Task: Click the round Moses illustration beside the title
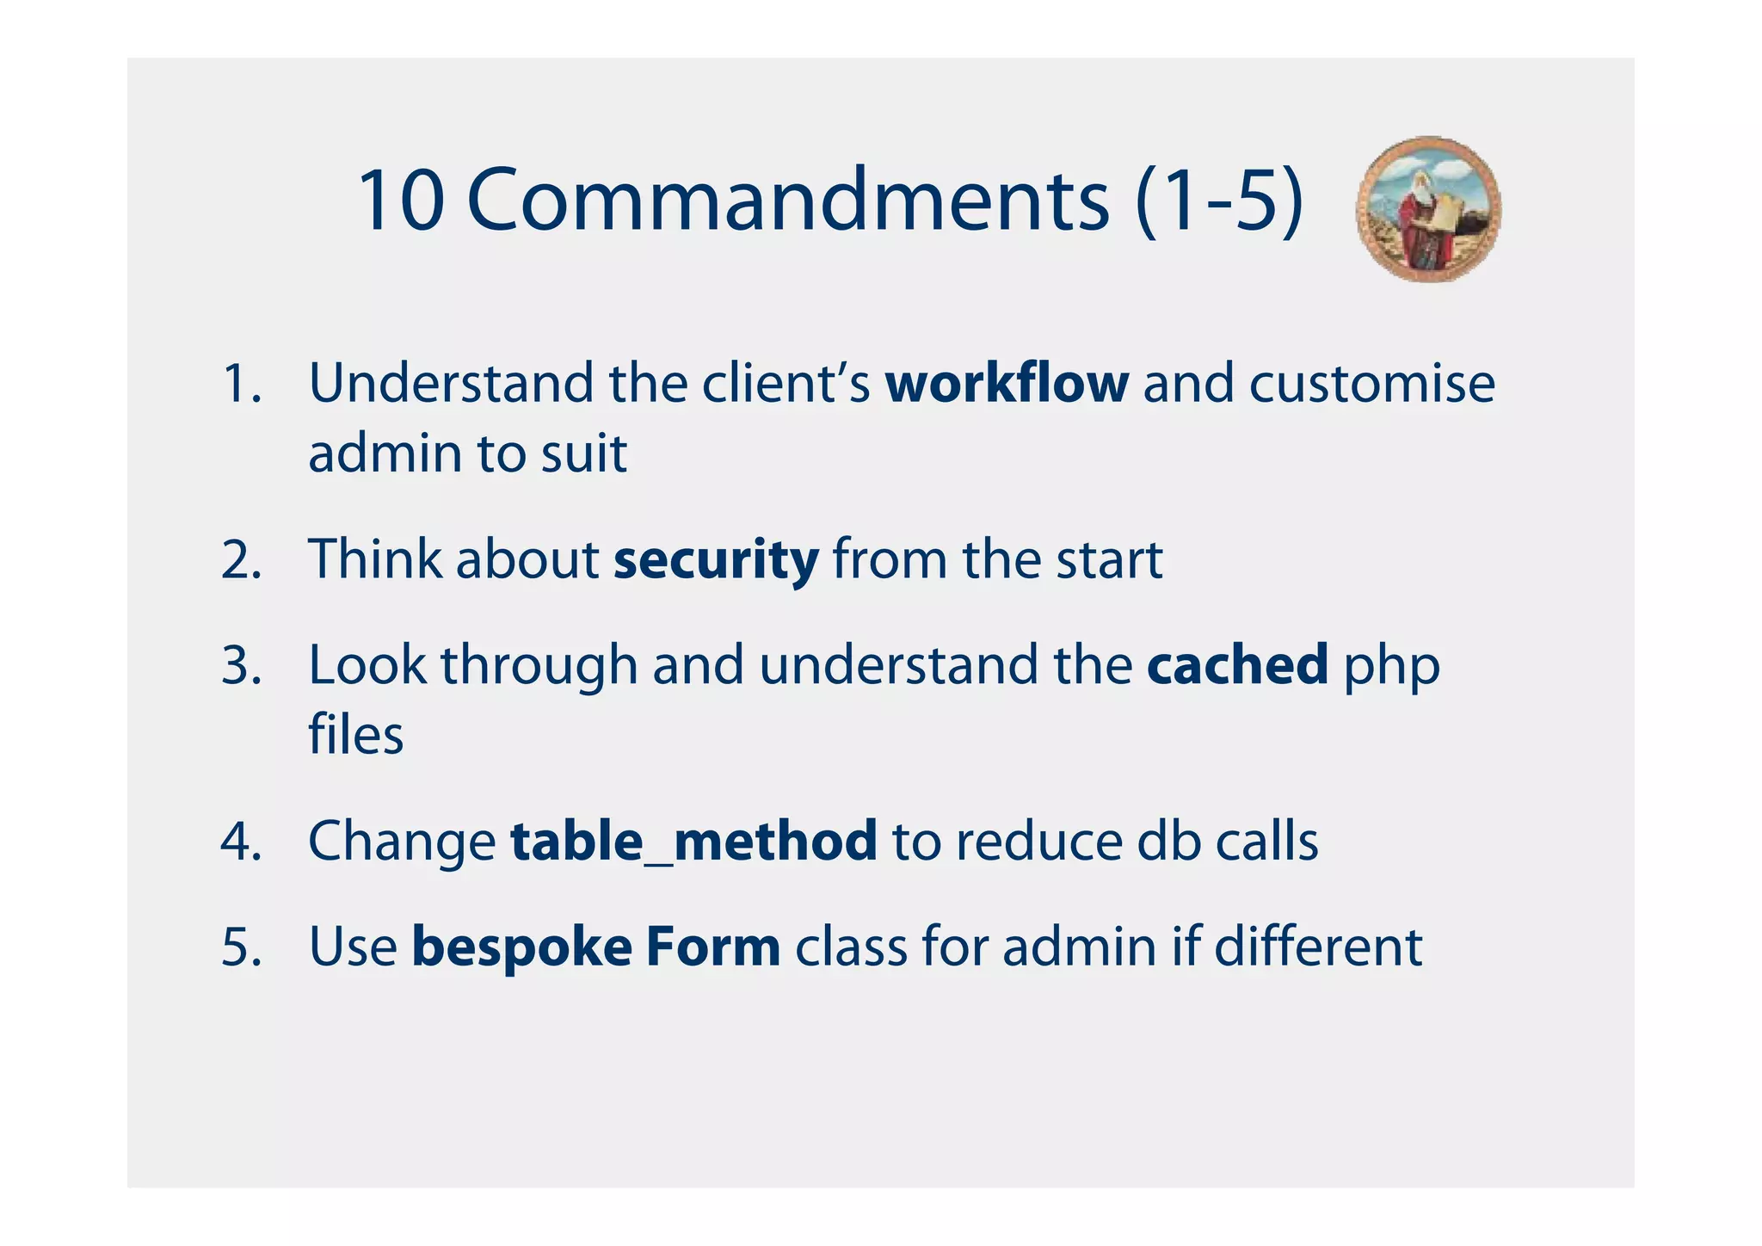[x=1428, y=209]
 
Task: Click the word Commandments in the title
[x=787, y=200]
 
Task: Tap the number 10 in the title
[x=400, y=200]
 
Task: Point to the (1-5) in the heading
[x=1219, y=200]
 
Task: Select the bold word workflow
[x=1007, y=383]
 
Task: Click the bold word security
[x=716, y=560]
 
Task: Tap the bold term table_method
[x=693, y=841]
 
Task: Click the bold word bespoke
[x=521, y=947]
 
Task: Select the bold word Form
[x=713, y=947]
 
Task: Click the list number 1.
[x=241, y=384]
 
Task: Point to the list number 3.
[x=241, y=666]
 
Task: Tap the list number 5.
[x=241, y=947]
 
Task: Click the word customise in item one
[x=1371, y=383]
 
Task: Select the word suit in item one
[x=584, y=453]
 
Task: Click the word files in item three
[x=355, y=736]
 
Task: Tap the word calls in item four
[x=1266, y=841]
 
